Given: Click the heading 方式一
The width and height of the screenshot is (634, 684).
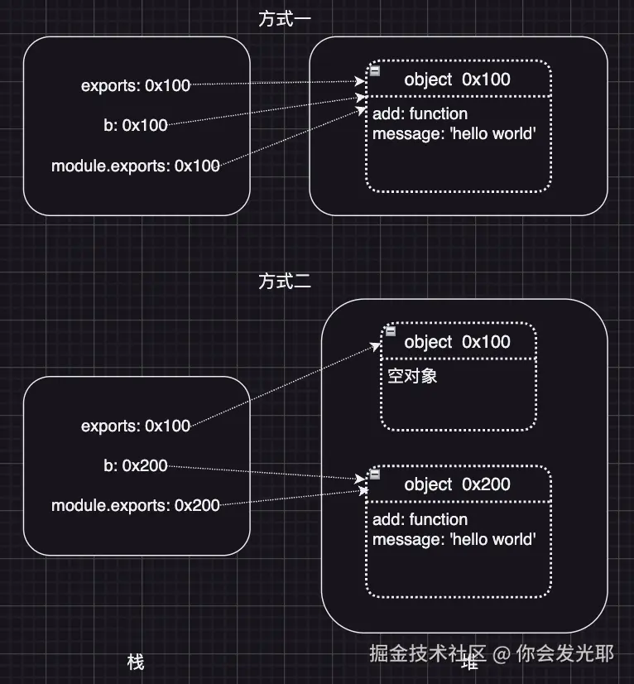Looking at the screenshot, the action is [284, 19].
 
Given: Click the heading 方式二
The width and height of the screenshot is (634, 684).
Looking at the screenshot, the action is [284, 282].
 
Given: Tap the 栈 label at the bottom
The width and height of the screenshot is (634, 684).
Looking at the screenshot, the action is [136, 662].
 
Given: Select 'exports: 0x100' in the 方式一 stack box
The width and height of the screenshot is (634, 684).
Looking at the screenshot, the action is [136, 85].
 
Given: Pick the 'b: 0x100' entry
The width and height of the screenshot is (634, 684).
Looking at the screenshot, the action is [136, 125].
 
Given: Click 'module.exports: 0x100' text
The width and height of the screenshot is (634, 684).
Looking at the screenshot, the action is [136, 166].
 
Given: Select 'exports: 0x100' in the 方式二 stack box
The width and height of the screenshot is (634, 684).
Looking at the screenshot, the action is [136, 426].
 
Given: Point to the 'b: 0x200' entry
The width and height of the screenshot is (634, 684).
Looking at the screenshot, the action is [136, 465].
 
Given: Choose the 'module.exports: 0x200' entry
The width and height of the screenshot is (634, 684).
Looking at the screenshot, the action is [136, 505].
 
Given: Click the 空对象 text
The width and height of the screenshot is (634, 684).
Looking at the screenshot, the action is [412, 376].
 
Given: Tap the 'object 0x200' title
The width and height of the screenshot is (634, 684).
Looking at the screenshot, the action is [457, 484].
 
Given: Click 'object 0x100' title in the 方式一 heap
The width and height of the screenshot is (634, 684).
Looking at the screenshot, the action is [457, 79].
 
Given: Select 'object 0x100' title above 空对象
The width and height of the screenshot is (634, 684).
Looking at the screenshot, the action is [457, 342].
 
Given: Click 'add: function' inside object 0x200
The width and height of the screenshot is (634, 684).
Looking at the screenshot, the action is [420, 519].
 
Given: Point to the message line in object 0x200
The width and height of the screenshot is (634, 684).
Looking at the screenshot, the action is [454, 540].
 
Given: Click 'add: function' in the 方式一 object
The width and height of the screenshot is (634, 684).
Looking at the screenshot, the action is [420, 113].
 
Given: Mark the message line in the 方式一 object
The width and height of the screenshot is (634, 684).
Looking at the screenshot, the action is [454, 134].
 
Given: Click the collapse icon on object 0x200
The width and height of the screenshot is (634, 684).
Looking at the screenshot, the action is [375, 474].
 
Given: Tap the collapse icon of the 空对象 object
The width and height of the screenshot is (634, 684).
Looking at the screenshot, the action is [391, 331].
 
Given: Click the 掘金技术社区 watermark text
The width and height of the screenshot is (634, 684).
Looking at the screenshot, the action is [428, 653].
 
